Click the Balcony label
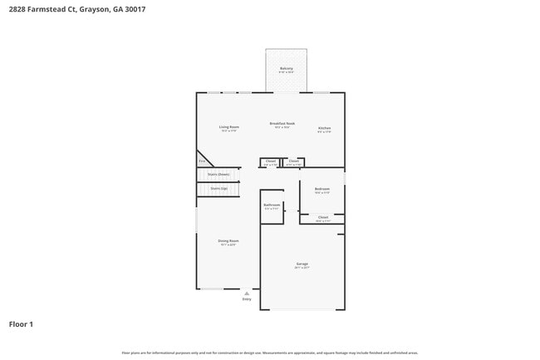click(286, 68)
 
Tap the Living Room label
click(228, 127)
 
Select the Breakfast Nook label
click(282, 123)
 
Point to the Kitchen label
click(324, 127)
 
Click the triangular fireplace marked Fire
click(202, 160)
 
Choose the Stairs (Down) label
click(218, 175)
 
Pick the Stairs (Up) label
click(218, 189)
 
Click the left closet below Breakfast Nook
click(270, 161)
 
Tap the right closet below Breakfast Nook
click(293, 161)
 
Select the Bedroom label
click(322, 190)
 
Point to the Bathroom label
click(272, 205)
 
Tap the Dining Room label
click(228, 241)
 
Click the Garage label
click(302, 264)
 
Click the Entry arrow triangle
click(247, 293)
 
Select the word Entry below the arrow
click(247, 299)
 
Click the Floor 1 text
click(21, 323)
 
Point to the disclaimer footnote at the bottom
click(270, 353)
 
